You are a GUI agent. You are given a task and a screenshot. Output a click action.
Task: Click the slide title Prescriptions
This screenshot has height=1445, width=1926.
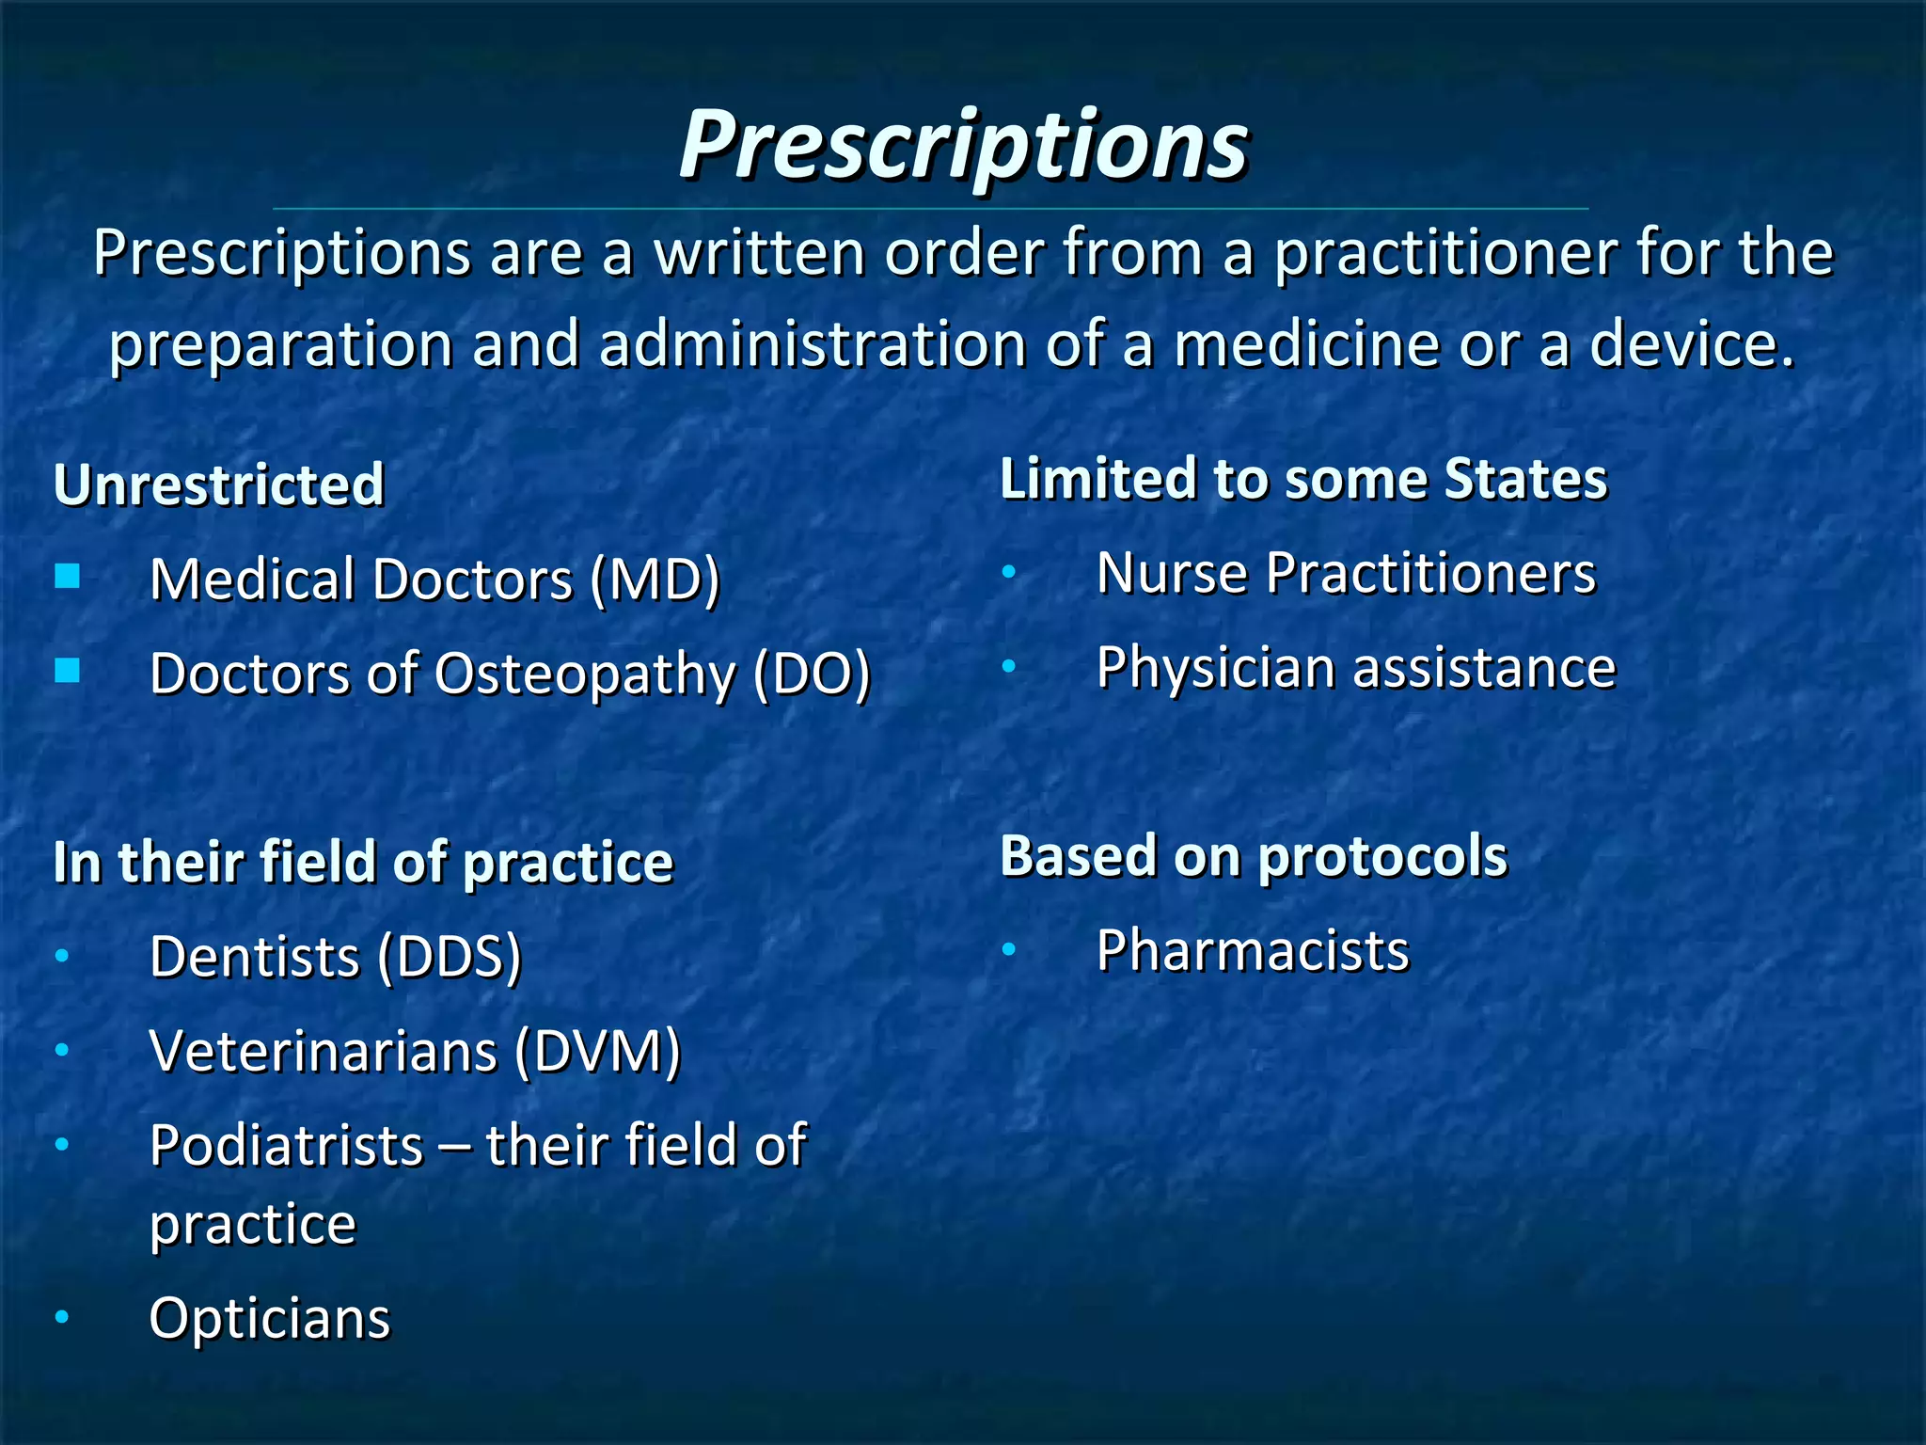[x=963, y=146]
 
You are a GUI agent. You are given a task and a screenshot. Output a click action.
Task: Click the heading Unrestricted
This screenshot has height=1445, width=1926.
[x=218, y=485]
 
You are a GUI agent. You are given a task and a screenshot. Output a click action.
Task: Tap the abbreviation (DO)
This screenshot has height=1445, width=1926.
[x=812, y=675]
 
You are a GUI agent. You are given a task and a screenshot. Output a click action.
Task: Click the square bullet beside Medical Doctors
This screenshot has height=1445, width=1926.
[x=68, y=576]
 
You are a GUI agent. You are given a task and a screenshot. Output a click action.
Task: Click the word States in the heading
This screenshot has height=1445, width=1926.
[x=1524, y=479]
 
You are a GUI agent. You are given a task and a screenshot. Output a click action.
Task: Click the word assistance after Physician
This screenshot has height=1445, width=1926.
[x=1484, y=668]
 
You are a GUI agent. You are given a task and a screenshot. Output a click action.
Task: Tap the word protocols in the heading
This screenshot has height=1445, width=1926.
[x=1381, y=857]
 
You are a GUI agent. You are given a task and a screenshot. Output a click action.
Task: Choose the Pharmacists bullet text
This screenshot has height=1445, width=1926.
[x=1252, y=951]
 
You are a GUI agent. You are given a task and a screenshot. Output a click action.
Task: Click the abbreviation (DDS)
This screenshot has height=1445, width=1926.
[x=449, y=958]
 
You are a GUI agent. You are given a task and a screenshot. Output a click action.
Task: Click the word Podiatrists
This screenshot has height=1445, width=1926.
[x=286, y=1146]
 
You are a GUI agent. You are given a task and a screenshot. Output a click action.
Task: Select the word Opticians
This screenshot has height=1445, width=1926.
[x=269, y=1319]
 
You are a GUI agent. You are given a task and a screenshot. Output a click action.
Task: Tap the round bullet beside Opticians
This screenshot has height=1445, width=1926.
[x=62, y=1317]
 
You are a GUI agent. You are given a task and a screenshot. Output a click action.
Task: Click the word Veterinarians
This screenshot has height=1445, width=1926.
[x=323, y=1052]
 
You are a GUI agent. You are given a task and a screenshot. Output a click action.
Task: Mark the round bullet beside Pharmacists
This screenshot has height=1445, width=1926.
[x=1009, y=950]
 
